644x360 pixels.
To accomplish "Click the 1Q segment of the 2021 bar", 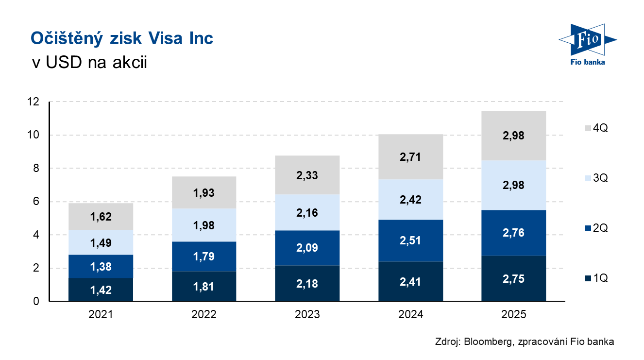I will pyautogui.click(x=101, y=290).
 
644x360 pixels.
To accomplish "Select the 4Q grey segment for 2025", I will pyautogui.click(x=514, y=136).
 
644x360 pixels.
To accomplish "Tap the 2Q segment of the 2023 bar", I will pyautogui.click(x=307, y=248).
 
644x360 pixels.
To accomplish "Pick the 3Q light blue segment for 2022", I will pyautogui.click(x=204, y=225).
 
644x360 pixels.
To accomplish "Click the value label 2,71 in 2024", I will pyautogui.click(x=410, y=157).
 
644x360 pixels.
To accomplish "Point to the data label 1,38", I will pyautogui.click(x=101, y=266).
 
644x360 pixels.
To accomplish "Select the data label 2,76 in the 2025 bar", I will pyautogui.click(x=514, y=232).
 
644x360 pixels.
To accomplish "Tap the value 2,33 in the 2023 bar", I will pyautogui.click(x=307, y=175).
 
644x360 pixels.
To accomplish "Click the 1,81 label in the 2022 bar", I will pyautogui.click(x=204, y=286).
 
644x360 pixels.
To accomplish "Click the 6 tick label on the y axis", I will pyautogui.click(x=36, y=202).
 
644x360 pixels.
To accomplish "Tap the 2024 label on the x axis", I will pyautogui.click(x=410, y=315).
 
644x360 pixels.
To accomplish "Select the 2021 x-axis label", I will pyautogui.click(x=101, y=315).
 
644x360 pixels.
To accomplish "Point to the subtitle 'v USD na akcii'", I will pyautogui.click(x=88, y=63).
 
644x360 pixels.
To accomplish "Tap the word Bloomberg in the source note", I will pyautogui.click(x=487, y=342).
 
